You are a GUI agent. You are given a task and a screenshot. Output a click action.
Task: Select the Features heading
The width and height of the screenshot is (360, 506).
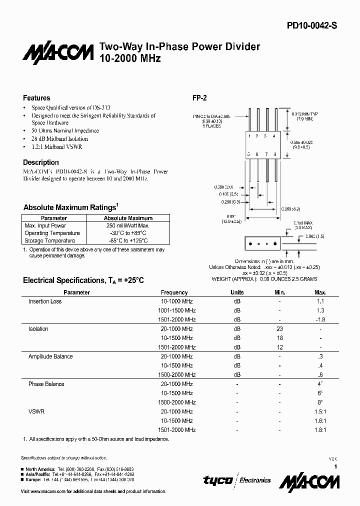(36, 98)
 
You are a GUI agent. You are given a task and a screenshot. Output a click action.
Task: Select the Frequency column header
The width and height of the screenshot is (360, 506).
(174, 292)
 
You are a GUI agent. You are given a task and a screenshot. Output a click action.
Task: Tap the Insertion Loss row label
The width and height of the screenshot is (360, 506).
(45, 301)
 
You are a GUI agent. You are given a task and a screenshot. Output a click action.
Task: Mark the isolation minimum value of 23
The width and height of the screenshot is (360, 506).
(279, 329)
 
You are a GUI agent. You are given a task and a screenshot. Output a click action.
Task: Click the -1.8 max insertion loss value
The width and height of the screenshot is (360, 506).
(320, 319)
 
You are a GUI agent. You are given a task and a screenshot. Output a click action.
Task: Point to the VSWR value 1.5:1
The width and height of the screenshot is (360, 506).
(320, 411)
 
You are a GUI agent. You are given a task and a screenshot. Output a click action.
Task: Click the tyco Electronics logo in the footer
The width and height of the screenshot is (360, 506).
(237, 480)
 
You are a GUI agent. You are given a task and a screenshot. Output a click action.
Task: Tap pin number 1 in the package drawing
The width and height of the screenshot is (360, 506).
(250, 136)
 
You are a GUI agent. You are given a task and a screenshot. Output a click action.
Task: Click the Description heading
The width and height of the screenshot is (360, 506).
(41, 162)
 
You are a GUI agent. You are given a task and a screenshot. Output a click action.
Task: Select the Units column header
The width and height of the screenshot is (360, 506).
(237, 292)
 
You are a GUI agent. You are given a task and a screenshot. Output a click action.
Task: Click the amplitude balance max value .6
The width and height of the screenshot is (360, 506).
(320, 374)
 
